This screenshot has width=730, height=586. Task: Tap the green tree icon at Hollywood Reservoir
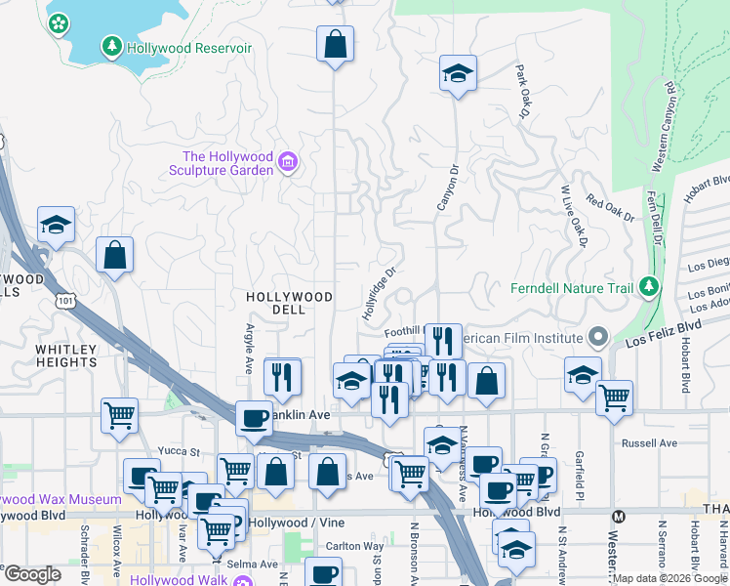point(112,46)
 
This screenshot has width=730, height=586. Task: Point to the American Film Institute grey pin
point(598,338)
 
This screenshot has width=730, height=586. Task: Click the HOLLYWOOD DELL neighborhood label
point(289,303)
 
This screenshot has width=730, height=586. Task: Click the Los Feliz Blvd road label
point(665,333)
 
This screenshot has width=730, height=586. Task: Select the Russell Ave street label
point(649,442)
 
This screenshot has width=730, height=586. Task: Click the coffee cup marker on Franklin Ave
point(255,418)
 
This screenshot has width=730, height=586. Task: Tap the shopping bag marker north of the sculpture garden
point(335,44)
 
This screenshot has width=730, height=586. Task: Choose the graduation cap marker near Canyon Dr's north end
point(457,74)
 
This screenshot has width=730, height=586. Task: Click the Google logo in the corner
point(32,575)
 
